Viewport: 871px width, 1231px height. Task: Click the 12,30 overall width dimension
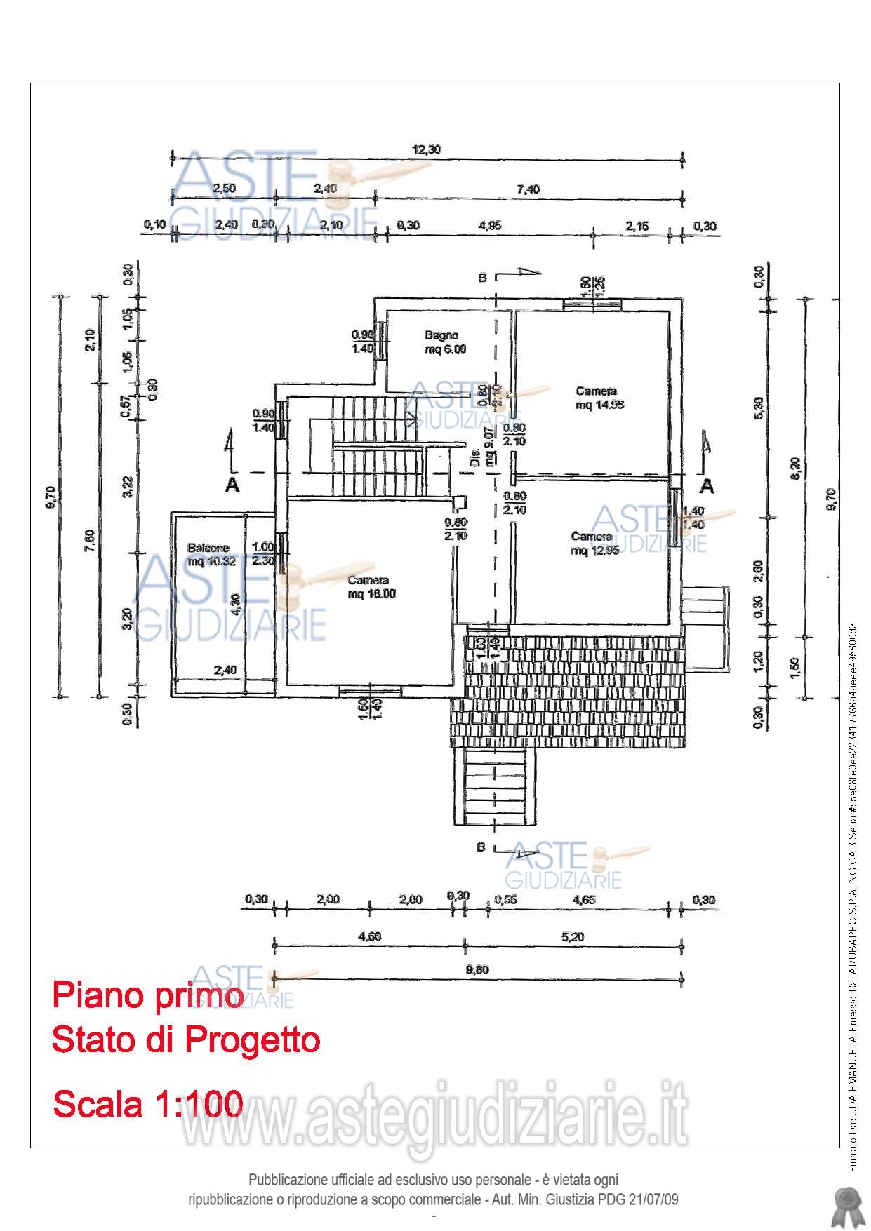tap(427, 149)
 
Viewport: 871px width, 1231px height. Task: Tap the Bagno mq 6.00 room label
tap(444, 342)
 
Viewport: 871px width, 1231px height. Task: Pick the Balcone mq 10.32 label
tap(207, 555)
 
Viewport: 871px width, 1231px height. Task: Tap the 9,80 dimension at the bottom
tap(477, 969)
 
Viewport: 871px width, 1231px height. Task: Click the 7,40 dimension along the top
tap(528, 189)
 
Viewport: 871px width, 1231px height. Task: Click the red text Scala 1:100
tap(148, 1103)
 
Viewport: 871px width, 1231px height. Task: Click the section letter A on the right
tap(707, 485)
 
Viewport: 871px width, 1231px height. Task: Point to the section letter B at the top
tap(482, 278)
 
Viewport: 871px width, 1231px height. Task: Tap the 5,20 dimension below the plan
tap(572, 936)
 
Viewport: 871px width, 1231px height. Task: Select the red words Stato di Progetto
tap(186, 1040)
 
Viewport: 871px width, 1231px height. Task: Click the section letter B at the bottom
tap(481, 847)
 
